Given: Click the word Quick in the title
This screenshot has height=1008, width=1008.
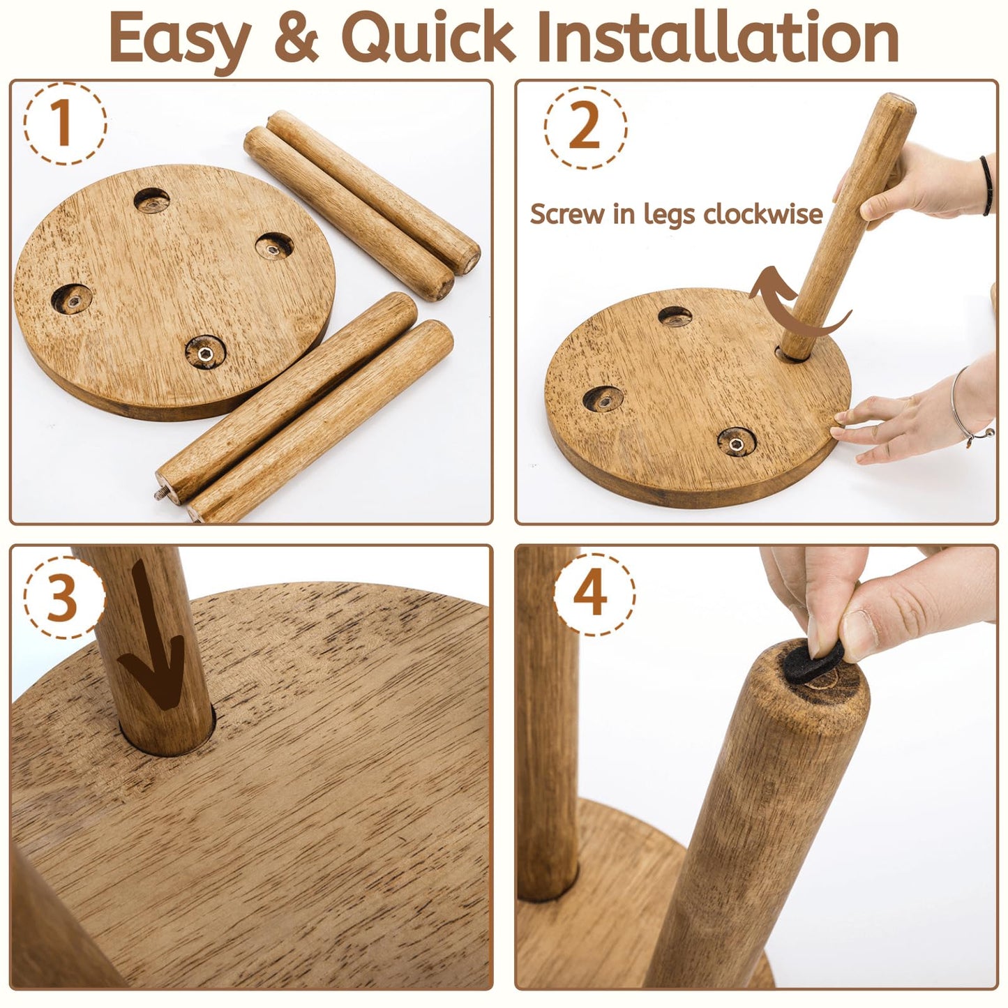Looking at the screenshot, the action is pyautogui.click(x=428, y=36).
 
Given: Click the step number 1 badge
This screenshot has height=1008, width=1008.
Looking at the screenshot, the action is pyautogui.click(x=65, y=123).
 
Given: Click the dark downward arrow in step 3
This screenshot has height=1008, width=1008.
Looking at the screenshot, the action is pyautogui.click(x=153, y=632).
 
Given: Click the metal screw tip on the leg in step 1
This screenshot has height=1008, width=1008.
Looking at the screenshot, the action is pyautogui.click(x=160, y=492).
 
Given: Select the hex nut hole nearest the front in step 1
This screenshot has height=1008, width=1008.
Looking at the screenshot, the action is pyautogui.click(x=205, y=352).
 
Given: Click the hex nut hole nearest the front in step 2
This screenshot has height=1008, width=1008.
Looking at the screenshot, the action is pyautogui.click(x=737, y=442).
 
